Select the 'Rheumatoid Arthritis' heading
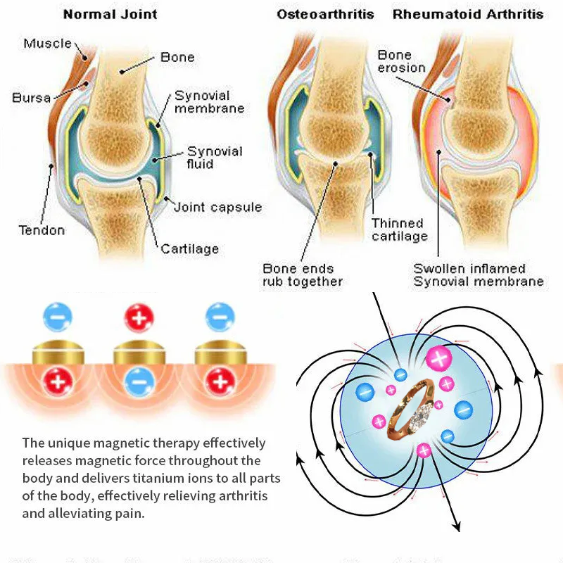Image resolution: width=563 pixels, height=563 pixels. pyautogui.click(x=468, y=14)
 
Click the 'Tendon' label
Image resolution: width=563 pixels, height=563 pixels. pyautogui.click(x=42, y=230)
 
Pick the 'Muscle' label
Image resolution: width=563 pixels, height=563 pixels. pyautogui.click(x=48, y=44)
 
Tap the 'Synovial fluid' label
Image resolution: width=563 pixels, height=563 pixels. pyautogui.click(x=215, y=158)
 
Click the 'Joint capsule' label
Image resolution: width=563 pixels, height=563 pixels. pyautogui.click(x=217, y=207)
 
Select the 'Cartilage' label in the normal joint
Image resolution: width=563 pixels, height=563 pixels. pyautogui.click(x=189, y=248)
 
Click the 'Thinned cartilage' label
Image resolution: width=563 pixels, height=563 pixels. pyautogui.click(x=399, y=230)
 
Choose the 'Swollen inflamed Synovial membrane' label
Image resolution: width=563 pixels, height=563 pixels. pyautogui.click(x=479, y=275)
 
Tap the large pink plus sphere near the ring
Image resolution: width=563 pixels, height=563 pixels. pyautogui.click(x=439, y=360)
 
